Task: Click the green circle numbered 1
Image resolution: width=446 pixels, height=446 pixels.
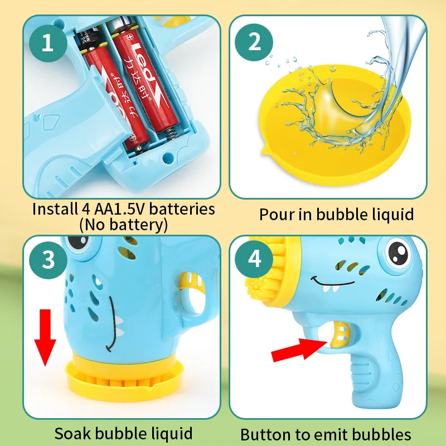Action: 47,42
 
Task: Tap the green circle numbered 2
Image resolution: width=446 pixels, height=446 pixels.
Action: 255,42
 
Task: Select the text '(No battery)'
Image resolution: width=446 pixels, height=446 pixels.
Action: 123,225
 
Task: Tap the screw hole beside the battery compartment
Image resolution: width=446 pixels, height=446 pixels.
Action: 166,158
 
